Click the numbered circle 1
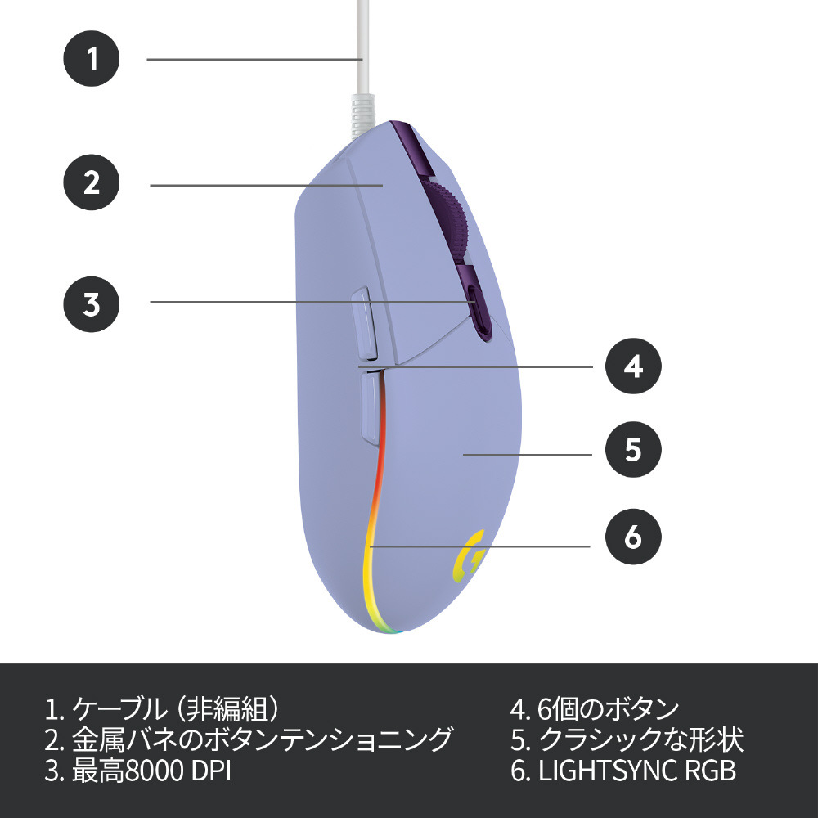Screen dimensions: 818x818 (x=92, y=59)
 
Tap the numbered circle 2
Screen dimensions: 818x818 (x=92, y=182)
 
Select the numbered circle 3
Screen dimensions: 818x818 (x=92, y=303)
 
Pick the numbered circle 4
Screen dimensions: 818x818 (x=633, y=366)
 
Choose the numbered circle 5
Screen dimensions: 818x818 (x=633, y=451)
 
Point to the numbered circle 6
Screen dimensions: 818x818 (x=633, y=537)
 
